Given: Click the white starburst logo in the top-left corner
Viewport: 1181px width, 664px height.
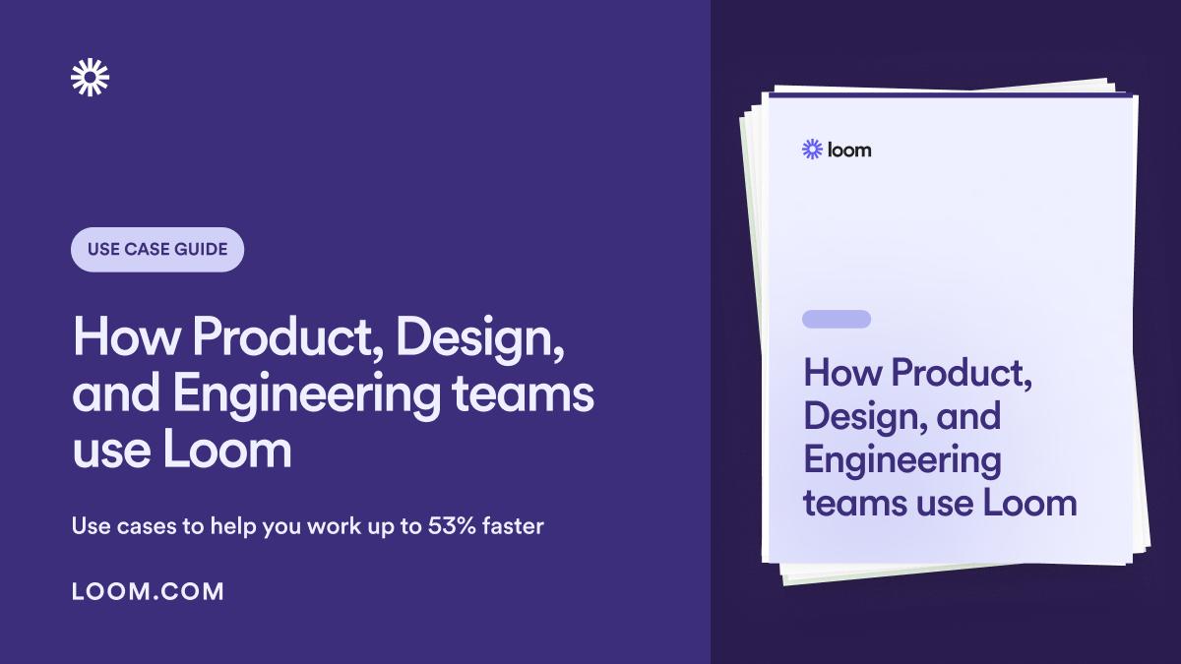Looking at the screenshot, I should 91,78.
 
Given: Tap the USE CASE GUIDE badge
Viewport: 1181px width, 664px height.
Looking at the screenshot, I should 157,250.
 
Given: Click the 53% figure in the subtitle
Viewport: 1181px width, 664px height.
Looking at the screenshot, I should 454,526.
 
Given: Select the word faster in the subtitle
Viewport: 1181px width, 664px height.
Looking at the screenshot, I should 512,526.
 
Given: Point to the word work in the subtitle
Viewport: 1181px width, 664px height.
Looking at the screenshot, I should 336,526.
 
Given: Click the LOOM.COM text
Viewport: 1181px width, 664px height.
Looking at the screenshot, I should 149,591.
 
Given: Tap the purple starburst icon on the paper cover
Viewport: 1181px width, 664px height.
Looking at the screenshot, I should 812,150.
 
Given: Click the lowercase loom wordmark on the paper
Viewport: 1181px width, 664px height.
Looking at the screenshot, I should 849,150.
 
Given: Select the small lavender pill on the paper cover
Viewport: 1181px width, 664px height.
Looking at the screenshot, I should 837,319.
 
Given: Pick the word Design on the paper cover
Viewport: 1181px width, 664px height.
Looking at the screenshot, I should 860,416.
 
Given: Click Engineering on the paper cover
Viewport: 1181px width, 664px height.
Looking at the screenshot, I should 901,460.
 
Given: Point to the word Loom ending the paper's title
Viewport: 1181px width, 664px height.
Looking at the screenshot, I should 1030,503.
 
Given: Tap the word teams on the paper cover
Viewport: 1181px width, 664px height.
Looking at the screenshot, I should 852,503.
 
